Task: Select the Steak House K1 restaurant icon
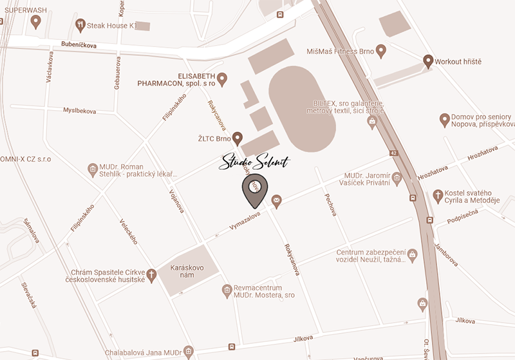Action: [x=80, y=25]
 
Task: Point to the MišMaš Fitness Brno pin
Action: [x=380, y=50]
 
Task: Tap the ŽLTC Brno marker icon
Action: [x=237, y=137]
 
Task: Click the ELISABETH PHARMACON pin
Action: [x=222, y=79]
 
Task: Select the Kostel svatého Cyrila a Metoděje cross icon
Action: [x=438, y=195]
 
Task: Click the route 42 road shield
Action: [x=393, y=153]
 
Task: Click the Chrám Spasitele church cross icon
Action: [x=152, y=275]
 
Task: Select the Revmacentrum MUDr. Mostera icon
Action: [x=227, y=291]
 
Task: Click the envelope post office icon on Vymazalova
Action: [x=277, y=202]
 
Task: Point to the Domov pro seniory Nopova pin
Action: [x=444, y=118]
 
